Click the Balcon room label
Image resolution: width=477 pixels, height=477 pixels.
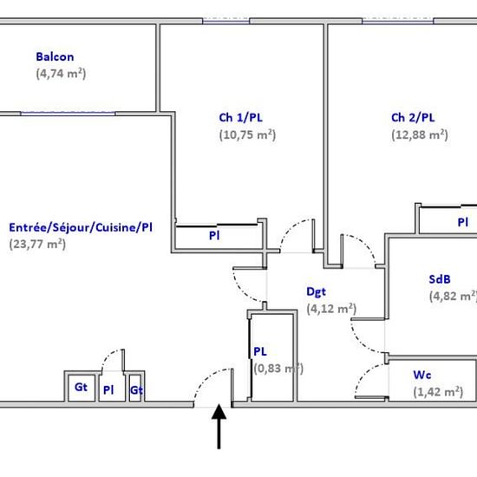(x=55, y=57)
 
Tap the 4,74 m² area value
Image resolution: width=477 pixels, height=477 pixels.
(x=61, y=74)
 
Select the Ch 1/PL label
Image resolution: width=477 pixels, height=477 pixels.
(x=240, y=118)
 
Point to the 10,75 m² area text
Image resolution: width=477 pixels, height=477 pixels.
(x=247, y=134)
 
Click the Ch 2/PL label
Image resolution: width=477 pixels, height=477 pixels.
(x=413, y=118)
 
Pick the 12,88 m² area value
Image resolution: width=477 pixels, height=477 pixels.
(x=420, y=134)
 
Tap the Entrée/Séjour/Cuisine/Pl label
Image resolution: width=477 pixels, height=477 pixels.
(x=81, y=227)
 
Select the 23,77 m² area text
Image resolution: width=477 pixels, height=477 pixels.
(x=37, y=245)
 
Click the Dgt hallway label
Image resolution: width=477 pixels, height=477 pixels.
(x=316, y=292)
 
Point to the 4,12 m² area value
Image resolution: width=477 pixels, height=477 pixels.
(x=331, y=309)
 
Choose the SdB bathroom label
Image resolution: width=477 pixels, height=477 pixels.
(x=440, y=279)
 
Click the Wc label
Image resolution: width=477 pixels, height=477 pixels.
(x=422, y=375)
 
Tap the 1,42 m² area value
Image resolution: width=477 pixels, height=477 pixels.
(x=438, y=392)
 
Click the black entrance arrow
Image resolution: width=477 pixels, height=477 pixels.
(x=219, y=426)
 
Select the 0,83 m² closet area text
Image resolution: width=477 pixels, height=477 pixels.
(x=278, y=369)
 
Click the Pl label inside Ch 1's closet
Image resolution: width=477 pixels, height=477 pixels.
(x=214, y=236)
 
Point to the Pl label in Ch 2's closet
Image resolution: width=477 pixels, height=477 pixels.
(x=463, y=222)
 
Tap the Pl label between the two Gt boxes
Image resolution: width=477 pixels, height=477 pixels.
(x=108, y=390)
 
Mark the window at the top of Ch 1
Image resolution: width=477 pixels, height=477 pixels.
(x=226, y=21)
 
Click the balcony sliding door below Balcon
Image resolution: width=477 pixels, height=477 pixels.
(x=68, y=114)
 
